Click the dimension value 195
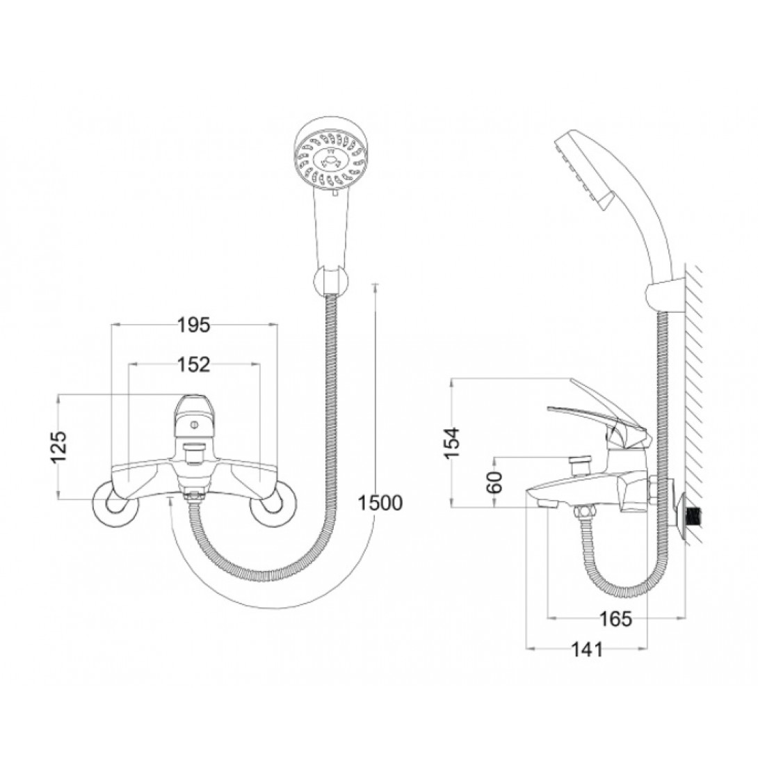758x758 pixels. click(193, 325)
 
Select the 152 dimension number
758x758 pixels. click(193, 364)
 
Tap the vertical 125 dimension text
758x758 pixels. click(60, 446)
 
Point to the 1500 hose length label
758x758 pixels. click(380, 503)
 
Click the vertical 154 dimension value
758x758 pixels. click(453, 442)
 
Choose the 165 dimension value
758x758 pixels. click(615, 618)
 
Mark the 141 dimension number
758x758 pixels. click(588, 650)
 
